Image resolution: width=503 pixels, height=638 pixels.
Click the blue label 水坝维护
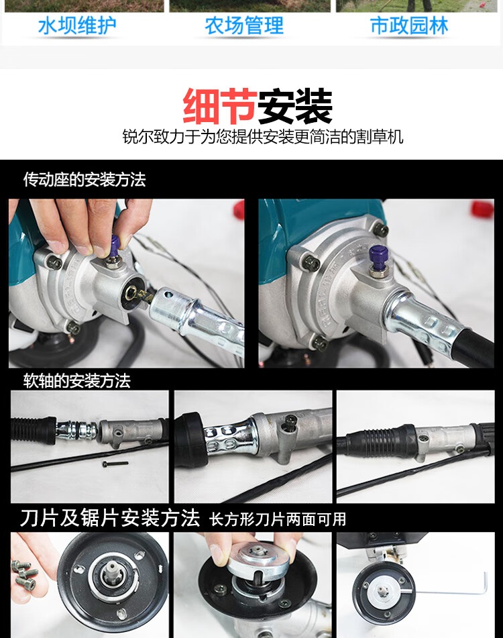click(x=77, y=26)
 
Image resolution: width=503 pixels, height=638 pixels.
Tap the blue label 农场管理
click(x=244, y=26)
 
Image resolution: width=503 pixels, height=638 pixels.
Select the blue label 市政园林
click(x=409, y=26)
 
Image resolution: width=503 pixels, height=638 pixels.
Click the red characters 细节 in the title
click(x=220, y=107)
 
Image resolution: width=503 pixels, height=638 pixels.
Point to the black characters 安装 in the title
click(x=295, y=107)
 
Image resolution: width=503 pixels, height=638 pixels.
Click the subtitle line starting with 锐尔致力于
click(x=263, y=137)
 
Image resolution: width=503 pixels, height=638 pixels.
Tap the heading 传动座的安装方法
click(x=85, y=179)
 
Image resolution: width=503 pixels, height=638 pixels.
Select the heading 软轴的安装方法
click(x=77, y=381)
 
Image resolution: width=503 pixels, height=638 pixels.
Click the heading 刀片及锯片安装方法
click(x=110, y=518)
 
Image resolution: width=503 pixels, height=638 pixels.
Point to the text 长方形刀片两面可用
click(x=278, y=520)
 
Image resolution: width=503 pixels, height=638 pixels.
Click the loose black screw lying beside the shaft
click(x=115, y=463)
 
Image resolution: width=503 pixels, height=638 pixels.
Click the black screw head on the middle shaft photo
click(x=290, y=422)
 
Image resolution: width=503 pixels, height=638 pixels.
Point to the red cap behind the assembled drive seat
click(x=483, y=209)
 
